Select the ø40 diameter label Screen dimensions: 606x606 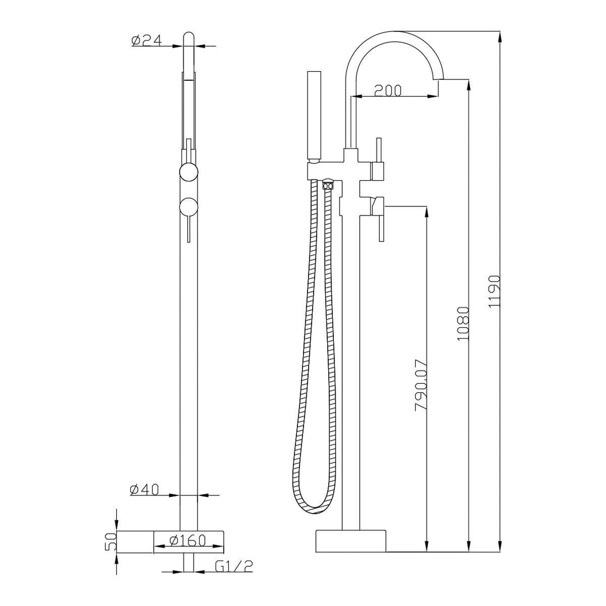coord(145,489)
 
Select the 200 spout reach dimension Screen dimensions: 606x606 coord(387,90)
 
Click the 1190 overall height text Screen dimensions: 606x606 coord(493,291)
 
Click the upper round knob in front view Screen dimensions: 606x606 coord(189,172)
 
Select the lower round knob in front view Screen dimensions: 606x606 coord(189,206)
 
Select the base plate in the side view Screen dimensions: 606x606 coord(351,539)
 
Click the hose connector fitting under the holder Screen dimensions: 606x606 coord(328,185)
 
